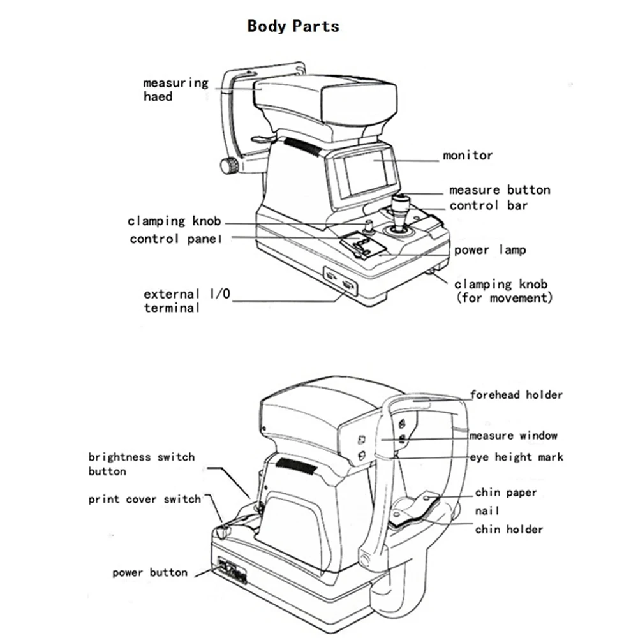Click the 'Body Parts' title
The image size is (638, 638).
[x=293, y=26]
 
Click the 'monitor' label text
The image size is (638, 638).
[x=468, y=155]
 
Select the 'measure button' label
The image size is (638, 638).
[x=500, y=189]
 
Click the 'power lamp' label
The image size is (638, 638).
[x=490, y=249]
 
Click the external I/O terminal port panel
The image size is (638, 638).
[x=339, y=280]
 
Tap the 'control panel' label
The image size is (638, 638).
[x=176, y=239]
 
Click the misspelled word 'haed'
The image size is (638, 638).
[x=158, y=96]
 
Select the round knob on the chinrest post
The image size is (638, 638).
[x=229, y=167]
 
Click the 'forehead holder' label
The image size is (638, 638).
[x=517, y=395]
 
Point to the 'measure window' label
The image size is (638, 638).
[x=514, y=436]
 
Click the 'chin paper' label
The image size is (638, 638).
[x=506, y=493]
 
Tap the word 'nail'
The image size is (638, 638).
[x=487, y=511]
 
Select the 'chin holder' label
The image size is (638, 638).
[x=509, y=529]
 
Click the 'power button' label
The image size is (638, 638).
[x=150, y=572]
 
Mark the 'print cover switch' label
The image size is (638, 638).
[x=144, y=500]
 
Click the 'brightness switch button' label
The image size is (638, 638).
[x=141, y=464]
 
